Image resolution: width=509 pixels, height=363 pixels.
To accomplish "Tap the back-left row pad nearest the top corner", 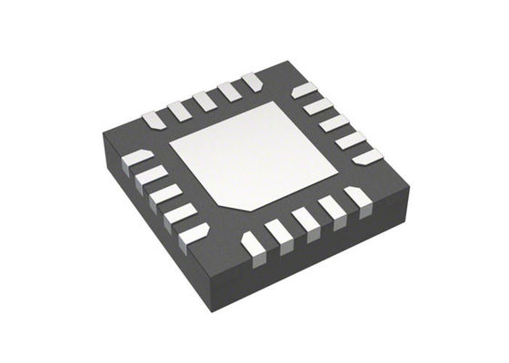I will coord(252,83).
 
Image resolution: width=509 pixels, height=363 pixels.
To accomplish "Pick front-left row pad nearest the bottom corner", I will coord(194,234).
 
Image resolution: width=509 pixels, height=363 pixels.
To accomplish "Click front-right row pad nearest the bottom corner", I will coord(254,243).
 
